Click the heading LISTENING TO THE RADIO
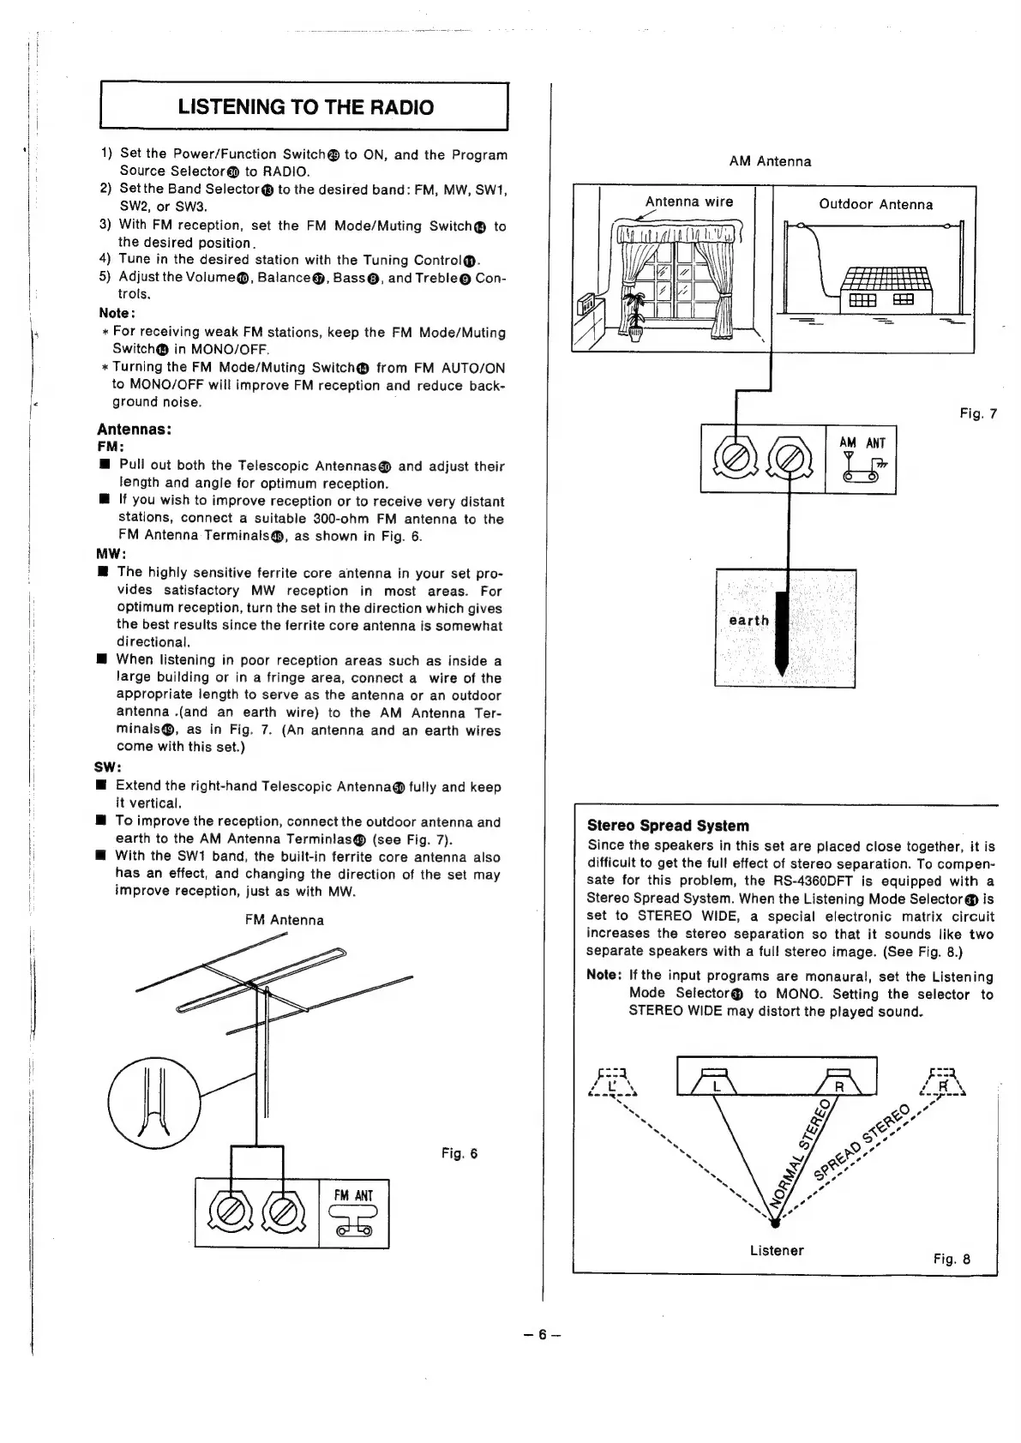pyautogui.click(x=305, y=107)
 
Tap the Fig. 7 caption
pyautogui.click(x=978, y=414)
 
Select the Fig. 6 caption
pyautogui.click(x=459, y=1153)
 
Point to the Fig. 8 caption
pyautogui.click(x=952, y=1259)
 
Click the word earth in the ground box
pyautogui.click(x=748, y=621)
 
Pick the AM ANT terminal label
pyautogui.click(x=862, y=443)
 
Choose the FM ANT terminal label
pyautogui.click(x=353, y=1195)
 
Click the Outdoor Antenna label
pyautogui.click(x=875, y=204)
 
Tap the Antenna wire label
pyautogui.click(x=689, y=201)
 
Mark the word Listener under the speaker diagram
pyautogui.click(x=777, y=1250)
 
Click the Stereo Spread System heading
pyautogui.click(x=668, y=826)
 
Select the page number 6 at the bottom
pyautogui.click(x=542, y=1335)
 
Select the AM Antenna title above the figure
pyautogui.click(x=770, y=161)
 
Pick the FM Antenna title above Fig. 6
pyautogui.click(x=285, y=920)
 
